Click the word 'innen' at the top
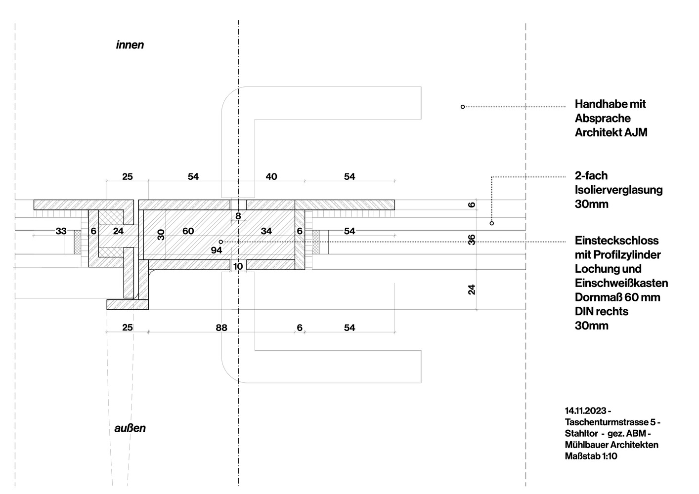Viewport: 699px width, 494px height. [130, 45]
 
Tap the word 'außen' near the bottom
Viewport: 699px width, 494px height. [130, 428]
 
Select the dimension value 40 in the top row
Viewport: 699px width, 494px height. [271, 176]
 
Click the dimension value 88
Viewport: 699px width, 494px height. [221, 328]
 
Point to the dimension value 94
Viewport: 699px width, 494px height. [217, 250]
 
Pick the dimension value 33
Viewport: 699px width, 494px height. [61, 231]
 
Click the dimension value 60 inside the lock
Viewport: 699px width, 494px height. [188, 231]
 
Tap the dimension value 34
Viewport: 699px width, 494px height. [266, 231]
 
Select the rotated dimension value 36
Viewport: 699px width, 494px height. [472, 240]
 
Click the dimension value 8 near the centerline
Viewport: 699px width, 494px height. [238, 216]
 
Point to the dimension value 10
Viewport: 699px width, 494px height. [238, 266]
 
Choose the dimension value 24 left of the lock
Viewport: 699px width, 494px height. [118, 231]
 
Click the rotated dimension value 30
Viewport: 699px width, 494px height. [161, 235]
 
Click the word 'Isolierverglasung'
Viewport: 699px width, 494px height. [618, 190]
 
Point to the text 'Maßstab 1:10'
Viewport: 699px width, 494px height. [591, 456]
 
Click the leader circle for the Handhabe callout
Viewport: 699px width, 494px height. [463, 107]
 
